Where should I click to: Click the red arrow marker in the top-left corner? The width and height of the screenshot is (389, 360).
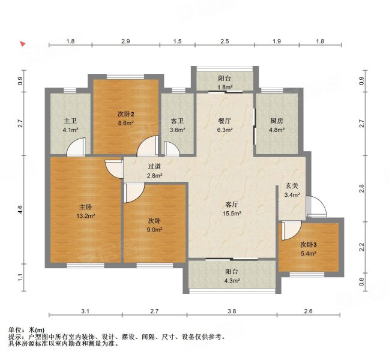(x=23, y=44)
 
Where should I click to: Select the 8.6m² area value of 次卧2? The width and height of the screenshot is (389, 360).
(x=126, y=123)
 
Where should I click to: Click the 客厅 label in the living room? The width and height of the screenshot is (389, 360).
(x=232, y=204)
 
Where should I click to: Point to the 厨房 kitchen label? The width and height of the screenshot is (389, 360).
(x=277, y=121)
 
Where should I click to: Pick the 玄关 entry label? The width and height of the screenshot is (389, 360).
(x=292, y=185)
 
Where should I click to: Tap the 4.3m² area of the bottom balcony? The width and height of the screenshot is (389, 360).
(x=232, y=281)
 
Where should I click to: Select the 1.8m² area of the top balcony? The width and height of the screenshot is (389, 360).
(x=225, y=87)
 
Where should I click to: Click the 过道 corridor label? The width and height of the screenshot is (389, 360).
(x=154, y=166)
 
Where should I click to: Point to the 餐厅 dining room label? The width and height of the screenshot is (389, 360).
(x=225, y=121)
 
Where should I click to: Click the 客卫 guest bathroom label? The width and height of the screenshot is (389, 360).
(x=177, y=121)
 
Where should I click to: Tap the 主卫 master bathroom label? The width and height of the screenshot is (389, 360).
(x=70, y=121)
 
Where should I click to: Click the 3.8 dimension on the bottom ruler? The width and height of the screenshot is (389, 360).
(x=232, y=311)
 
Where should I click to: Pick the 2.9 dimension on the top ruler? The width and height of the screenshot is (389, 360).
(x=125, y=41)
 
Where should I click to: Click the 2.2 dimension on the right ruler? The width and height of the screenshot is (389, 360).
(x=362, y=247)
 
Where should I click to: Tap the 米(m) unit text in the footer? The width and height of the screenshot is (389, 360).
(x=37, y=330)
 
